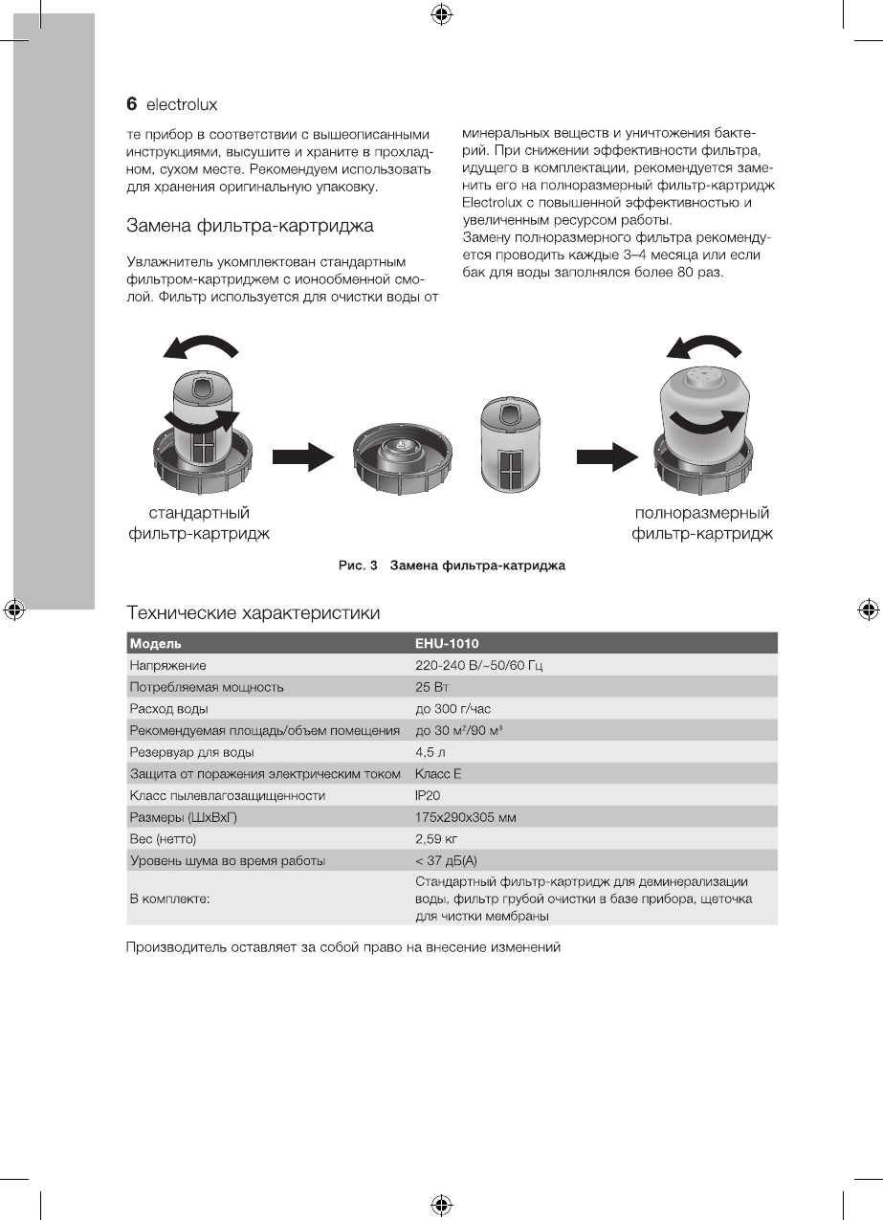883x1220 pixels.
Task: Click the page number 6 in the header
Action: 133,103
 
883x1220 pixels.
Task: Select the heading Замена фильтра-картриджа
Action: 250,227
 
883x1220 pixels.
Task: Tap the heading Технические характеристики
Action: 254,611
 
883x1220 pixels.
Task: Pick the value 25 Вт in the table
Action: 432,687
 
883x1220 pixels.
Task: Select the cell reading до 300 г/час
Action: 453,709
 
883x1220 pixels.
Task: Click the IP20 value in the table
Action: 428,796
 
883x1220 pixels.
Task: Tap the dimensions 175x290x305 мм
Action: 466,818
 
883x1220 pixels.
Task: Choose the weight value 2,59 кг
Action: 437,839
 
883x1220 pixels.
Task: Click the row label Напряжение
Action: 167,665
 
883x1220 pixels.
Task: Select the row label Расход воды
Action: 168,709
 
